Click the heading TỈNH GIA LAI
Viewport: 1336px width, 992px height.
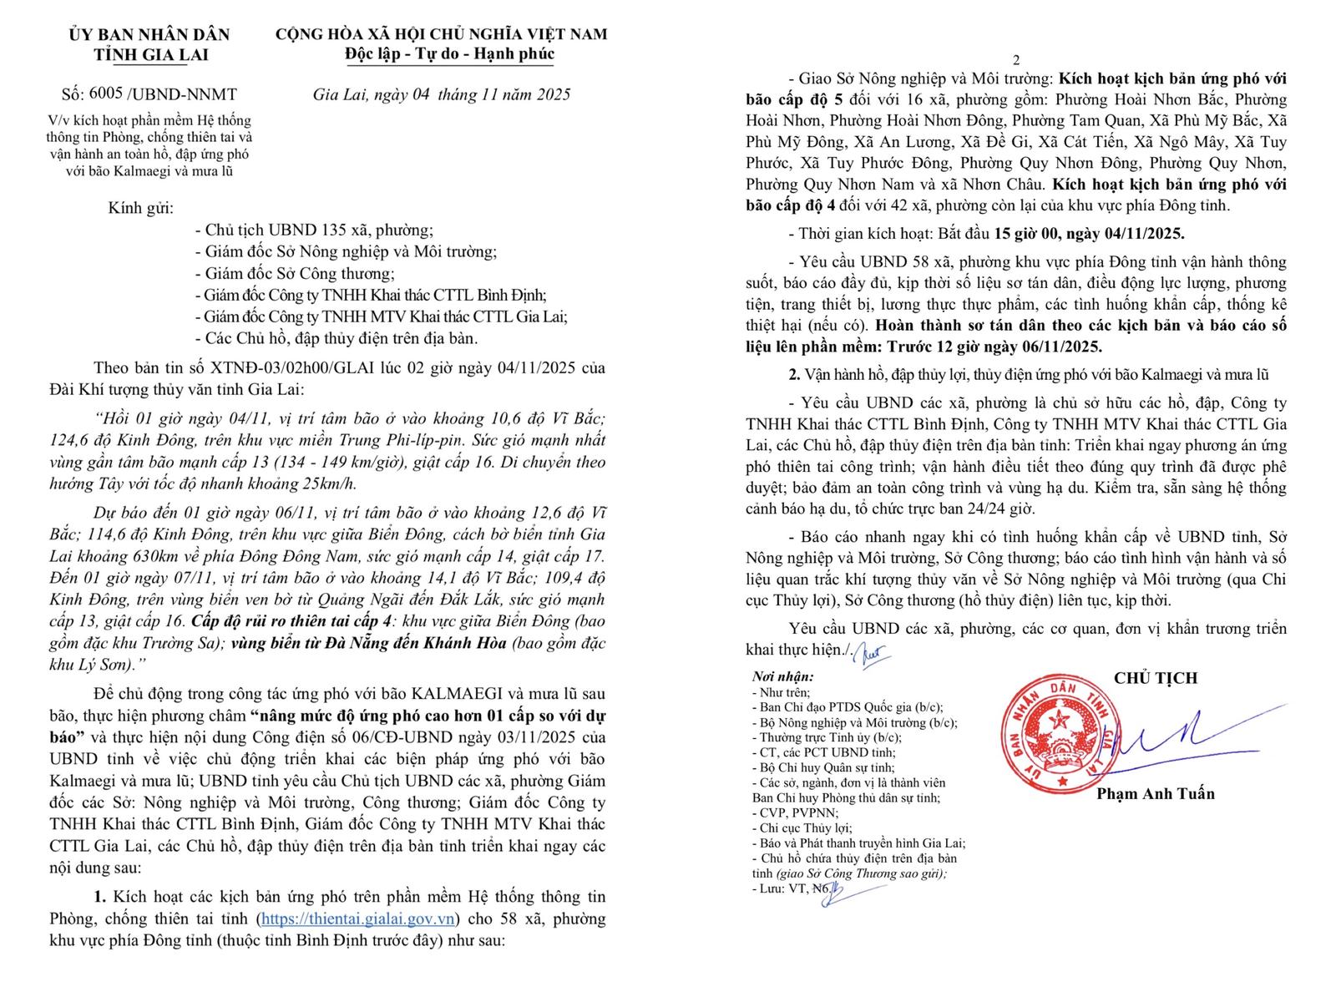[x=150, y=55]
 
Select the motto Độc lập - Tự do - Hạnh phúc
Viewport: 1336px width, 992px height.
[x=449, y=54]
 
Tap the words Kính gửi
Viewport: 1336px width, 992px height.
[x=141, y=209]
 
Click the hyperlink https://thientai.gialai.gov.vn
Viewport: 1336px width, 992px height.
[x=358, y=919]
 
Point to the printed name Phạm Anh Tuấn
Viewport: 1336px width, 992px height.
[x=1155, y=793]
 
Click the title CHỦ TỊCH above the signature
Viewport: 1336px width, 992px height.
[x=1155, y=678]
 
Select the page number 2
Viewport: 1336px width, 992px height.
[x=1016, y=60]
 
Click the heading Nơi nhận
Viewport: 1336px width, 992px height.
[x=782, y=677]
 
